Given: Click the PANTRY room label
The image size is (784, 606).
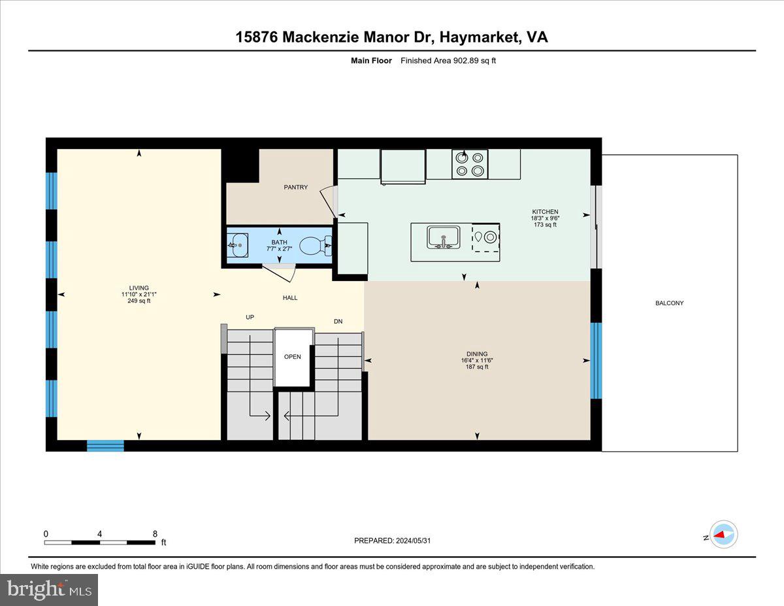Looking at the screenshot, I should [295, 188].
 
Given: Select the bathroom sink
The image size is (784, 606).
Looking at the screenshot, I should [238, 246].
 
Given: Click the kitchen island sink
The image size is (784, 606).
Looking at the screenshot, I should [444, 237].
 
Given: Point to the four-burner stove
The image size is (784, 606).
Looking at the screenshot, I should [470, 164].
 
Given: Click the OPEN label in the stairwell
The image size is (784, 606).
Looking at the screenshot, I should [292, 357].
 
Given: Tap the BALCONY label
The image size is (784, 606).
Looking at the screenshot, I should [670, 303].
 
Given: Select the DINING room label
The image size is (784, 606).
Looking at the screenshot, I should [477, 354].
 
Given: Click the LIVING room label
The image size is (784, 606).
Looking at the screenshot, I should [139, 288].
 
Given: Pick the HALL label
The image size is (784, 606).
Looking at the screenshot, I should [290, 298].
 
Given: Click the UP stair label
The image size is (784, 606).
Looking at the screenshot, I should [250, 317].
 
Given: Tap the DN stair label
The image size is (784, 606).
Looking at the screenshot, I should [338, 322].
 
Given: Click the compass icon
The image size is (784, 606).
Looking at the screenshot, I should [723, 534].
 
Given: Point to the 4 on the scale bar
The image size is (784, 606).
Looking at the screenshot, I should [99, 534].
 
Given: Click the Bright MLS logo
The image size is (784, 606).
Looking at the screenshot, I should [49, 590].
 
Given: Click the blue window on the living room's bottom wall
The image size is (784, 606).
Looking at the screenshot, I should [105, 446].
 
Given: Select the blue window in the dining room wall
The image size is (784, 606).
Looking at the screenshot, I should [596, 360].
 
